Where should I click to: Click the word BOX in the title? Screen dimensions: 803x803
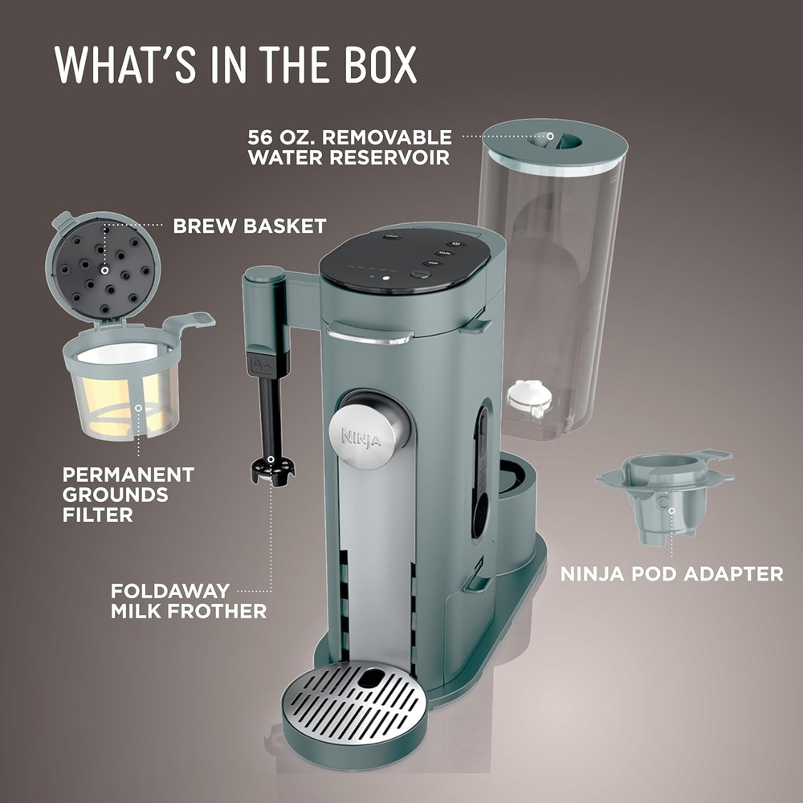[381, 65]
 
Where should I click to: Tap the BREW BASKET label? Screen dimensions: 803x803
[250, 226]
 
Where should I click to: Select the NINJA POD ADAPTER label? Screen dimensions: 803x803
[672, 573]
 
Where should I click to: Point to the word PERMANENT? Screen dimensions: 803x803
[128, 475]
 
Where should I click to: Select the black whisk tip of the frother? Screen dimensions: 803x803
[272, 471]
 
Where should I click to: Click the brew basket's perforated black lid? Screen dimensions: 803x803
[104, 270]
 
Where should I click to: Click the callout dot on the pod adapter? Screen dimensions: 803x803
[671, 511]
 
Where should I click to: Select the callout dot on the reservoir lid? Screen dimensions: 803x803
[550, 137]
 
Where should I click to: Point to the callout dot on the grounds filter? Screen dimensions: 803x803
[138, 408]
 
